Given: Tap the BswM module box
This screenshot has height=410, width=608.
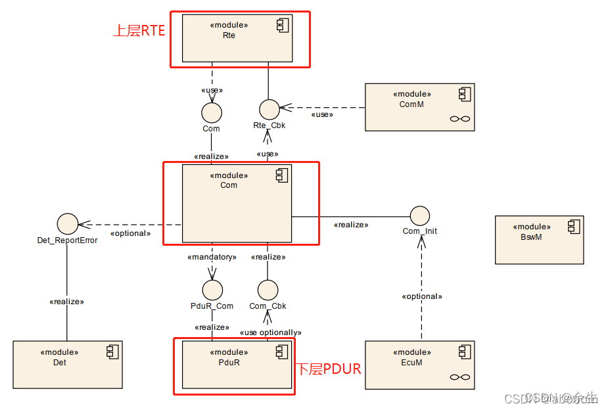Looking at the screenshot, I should click(x=539, y=240).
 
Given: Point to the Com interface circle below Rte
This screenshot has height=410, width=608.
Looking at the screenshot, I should click(x=212, y=112).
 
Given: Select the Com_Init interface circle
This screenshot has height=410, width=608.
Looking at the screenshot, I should click(x=419, y=216).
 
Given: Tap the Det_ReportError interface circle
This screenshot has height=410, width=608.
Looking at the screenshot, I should click(x=67, y=224).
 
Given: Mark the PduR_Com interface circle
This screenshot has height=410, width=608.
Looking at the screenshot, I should click(x=212, y=290).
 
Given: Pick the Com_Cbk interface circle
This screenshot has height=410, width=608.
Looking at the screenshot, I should click(x=268, y=290).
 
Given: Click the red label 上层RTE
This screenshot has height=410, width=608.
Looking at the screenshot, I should click(x=139, y=31).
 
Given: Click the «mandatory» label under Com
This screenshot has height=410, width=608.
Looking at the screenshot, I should click(x=211, y=257).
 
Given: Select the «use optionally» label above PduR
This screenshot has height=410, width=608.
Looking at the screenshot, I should click(x=270, y=332).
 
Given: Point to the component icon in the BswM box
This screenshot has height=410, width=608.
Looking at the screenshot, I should click(x=574, y=227).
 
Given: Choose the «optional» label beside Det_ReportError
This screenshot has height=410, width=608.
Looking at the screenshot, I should click(x=130, y=233).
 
